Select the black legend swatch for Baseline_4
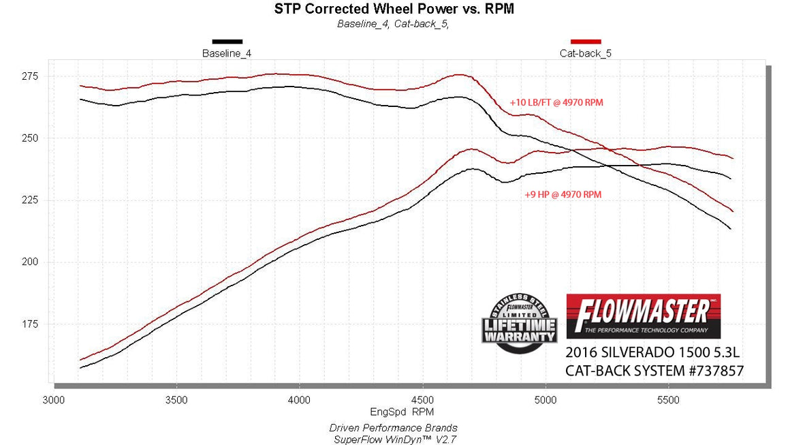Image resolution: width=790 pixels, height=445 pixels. tap(227, 42)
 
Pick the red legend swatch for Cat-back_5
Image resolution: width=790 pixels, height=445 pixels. tap(586, 42)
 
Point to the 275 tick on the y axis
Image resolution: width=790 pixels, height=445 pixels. tap(30, 76)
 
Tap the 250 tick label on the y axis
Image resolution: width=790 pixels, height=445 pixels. tap(30, 138)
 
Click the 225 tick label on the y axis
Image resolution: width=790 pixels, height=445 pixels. tap(30, 200)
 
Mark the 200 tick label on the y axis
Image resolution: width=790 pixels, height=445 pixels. tap(30, 262)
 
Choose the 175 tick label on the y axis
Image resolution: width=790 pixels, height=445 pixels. tap(30, 324)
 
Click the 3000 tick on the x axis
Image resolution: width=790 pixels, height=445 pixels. tap(53, 400)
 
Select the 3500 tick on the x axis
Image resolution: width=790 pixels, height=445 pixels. tap(176, 400)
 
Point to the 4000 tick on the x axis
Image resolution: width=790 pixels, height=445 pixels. tap(300, 400)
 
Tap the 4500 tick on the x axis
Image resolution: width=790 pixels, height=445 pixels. tap(423, 400)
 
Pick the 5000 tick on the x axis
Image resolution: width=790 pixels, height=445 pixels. tap(546, 400)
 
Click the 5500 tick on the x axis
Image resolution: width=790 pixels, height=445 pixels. tap(669, 400)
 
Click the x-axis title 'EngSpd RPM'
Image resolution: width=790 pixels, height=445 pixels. tap(402, 412)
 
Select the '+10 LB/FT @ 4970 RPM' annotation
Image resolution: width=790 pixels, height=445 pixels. tap(556, 103)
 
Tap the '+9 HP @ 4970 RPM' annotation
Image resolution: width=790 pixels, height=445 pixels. tap(563, 194)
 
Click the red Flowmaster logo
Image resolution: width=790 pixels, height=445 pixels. tap(643, 316)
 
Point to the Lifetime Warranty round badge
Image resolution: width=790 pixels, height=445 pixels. tap(520, 323)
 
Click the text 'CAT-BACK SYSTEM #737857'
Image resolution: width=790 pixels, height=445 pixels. tap(654, 371)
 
